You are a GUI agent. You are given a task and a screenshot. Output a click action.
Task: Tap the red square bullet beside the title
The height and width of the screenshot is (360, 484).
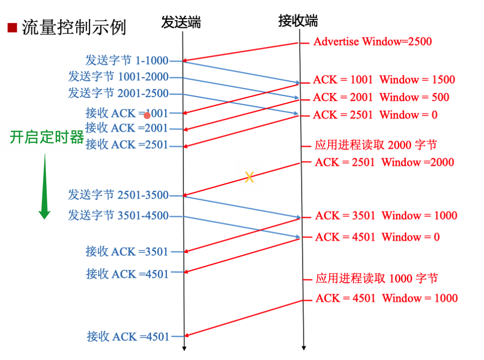(12, 27)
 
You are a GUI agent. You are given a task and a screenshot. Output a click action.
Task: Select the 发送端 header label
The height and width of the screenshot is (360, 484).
(181, 22)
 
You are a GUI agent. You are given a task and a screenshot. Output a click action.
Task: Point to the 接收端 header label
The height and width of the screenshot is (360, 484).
(298, 21)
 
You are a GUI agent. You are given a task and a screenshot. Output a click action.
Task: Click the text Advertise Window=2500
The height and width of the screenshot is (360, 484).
(372, 41)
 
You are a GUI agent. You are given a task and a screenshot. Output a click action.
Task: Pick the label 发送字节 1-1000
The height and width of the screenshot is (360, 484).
(126, 60)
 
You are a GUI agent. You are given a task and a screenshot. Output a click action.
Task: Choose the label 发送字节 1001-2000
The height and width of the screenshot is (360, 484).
(118, 77)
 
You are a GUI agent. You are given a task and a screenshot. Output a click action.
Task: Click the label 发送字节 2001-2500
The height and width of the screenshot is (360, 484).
(118, 93)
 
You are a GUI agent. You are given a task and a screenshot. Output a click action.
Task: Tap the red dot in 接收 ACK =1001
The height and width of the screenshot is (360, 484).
(147, 116)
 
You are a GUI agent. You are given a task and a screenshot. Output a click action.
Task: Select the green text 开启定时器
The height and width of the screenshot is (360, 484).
(47, 137)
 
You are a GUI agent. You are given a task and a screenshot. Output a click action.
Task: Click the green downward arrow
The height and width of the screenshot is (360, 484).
(45, 187)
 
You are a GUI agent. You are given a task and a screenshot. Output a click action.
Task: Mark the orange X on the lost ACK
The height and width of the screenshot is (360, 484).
(249, 178)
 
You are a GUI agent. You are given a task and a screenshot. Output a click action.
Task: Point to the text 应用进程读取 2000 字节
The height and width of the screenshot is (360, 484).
(376, 145)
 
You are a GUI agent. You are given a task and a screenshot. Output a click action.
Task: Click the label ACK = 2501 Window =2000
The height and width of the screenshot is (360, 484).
(384, 162)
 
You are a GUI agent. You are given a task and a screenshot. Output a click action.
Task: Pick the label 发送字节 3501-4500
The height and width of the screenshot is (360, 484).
(118, 215)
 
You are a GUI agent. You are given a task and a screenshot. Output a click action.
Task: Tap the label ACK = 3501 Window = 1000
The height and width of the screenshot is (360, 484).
(386, 215)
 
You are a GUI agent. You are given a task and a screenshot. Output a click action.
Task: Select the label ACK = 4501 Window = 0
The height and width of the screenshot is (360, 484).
(377, 237)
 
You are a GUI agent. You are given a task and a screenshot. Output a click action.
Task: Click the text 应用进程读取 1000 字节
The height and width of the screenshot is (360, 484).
(377, 278)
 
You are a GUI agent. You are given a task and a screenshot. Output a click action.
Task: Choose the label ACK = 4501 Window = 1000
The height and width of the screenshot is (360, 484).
(387, 298)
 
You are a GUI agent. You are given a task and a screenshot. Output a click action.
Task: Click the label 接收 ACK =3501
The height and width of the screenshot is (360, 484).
(127, 252)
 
